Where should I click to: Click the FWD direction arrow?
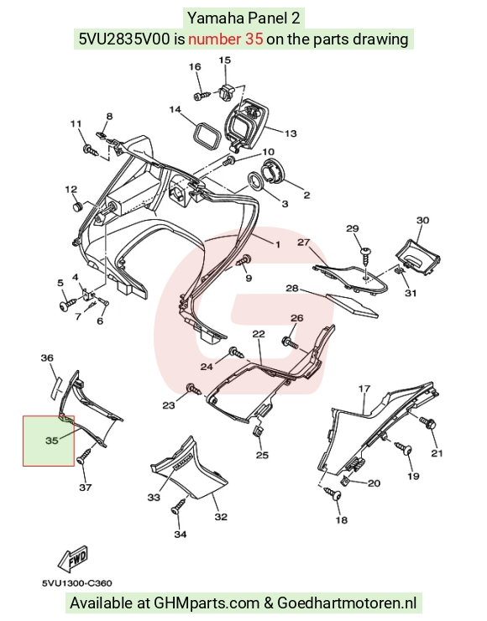coord(73,560)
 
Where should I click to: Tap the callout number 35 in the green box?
coord(52,441)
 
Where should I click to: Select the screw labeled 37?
coord(85,457)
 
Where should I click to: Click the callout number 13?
coord(291,133)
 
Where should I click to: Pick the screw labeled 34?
coord(178,507)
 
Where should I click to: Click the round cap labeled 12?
coord(77,206)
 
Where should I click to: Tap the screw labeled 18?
coord(333,494)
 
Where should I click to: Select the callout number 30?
coord(423,220)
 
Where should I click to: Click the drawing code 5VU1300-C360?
coord(77,583)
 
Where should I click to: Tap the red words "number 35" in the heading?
coord(226,39)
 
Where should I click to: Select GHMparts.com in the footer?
coord(206,603)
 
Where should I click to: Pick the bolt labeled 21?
coord(428,423)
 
